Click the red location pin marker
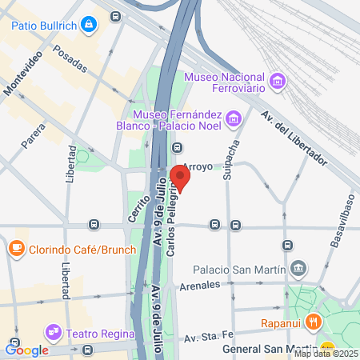[181, 179]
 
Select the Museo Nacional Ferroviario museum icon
[278, 81]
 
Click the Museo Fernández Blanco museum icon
[234, 119]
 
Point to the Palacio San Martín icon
[298, 266]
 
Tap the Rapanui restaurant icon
[315, 324]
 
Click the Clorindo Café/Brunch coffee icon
[16, 248]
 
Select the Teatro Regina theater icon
[54, 330]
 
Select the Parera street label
[33, 135]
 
